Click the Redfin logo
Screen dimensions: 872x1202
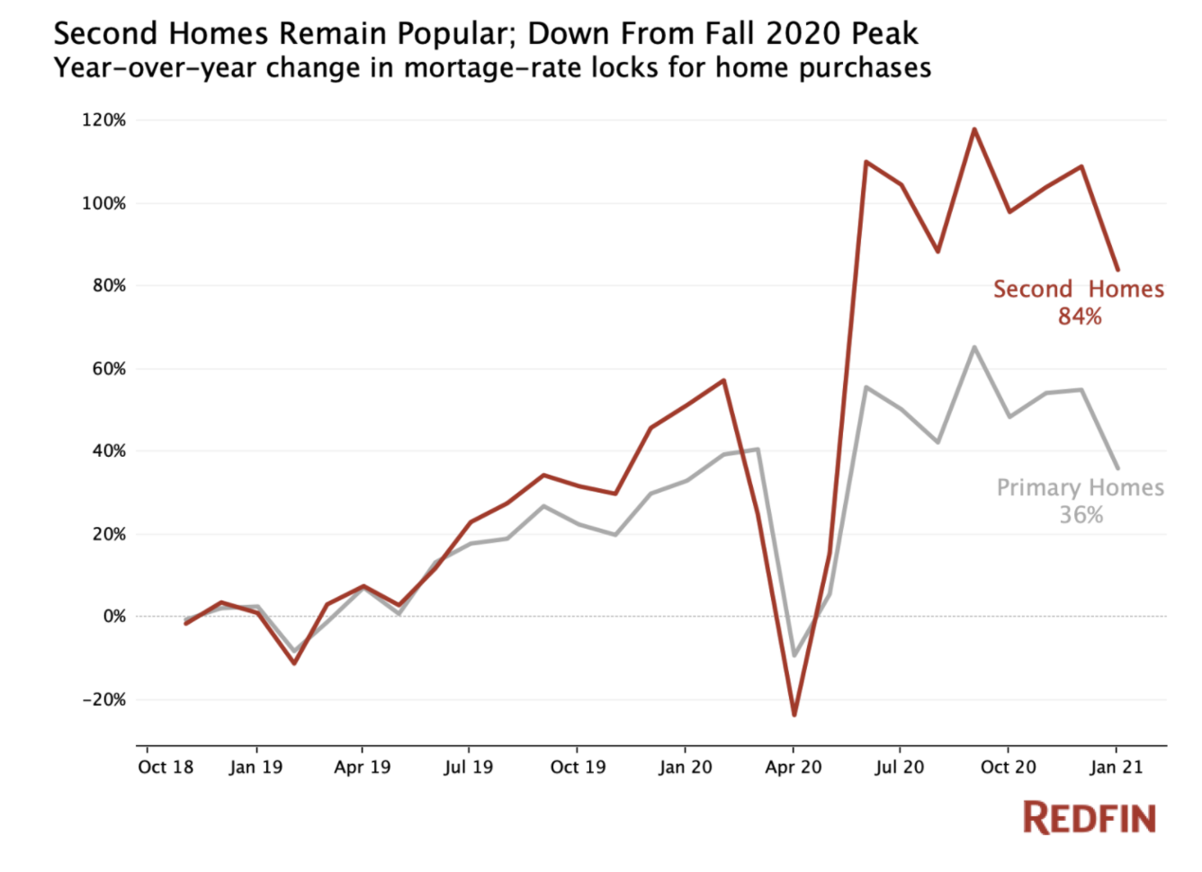click(1089, 817)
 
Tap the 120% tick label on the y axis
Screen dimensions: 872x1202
click(104, 120)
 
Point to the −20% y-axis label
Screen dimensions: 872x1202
click(104, 699)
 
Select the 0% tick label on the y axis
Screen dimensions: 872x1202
click(114, 617)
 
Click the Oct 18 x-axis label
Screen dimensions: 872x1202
click(166, 768)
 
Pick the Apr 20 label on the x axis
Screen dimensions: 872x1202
click(794, 768)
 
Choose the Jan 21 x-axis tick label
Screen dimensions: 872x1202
click(1117, 768)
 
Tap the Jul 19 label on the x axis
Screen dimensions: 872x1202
click(469, 768)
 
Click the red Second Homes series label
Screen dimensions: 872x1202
click(1078, 289)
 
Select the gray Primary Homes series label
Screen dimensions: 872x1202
click(1080, 487)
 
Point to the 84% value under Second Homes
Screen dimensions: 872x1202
click(1080, 316)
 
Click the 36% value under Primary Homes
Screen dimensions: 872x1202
click(1081, 515)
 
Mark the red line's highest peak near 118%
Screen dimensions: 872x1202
click(973, 129)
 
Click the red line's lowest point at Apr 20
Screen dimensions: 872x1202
click(794, 715)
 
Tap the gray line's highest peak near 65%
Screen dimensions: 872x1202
click(973, 347)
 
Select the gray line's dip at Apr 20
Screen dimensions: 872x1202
click(794, 655)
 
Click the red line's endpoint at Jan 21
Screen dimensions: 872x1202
click(1117, 269)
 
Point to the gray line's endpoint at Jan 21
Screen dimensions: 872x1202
click(1117, 467)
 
